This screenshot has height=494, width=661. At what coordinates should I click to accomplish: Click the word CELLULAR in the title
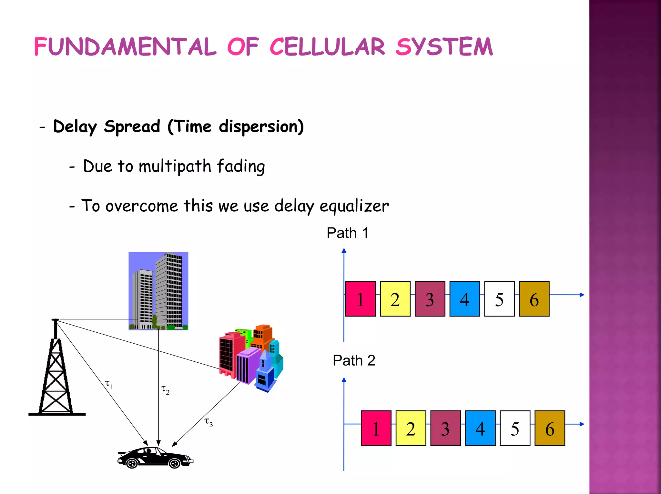(x=327, y=47)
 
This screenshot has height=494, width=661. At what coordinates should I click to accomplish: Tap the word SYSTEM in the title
(x=444, y=47)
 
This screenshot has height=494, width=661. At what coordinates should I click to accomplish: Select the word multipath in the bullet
(x=175, y=166)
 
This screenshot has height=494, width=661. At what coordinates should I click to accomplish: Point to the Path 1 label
(x=347, y=233)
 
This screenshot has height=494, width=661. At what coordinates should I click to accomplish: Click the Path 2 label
(x=354, y=360)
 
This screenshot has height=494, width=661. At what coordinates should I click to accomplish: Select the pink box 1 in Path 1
(x=361, y=299)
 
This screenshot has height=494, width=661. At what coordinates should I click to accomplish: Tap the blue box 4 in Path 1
(x=464, y=299)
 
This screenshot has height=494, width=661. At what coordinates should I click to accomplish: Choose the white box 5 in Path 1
(x=499, y=299)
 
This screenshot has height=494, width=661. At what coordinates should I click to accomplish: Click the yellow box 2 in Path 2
(x=411, y=428)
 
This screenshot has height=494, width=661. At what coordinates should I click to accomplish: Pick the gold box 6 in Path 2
(x=550, y=428)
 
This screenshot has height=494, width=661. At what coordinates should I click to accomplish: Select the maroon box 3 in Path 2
(x=445, y=428)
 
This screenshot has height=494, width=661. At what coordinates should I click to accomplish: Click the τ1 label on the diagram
(x=109, y=384)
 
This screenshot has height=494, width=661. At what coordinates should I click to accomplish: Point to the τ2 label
(x=165, y=390)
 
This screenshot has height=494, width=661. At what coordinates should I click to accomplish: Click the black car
(x=155, y=458)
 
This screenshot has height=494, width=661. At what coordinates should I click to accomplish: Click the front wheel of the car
(x=174, y=464)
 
